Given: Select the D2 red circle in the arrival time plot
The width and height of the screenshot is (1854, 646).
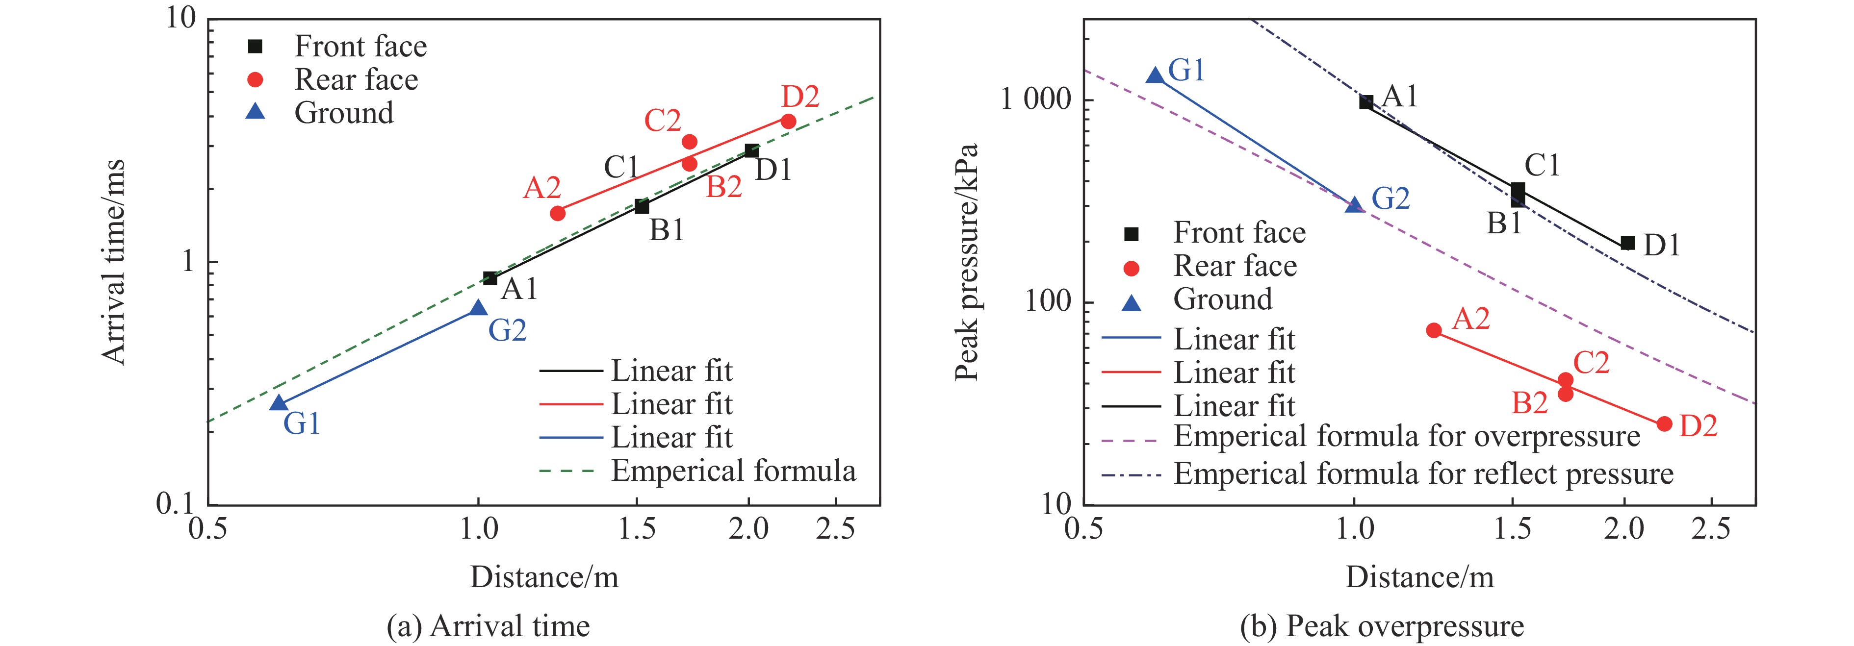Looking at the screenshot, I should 788,122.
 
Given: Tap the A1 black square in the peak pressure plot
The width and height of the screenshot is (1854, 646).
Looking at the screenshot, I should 1366,102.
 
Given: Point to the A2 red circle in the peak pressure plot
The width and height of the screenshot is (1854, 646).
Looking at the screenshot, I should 1434,330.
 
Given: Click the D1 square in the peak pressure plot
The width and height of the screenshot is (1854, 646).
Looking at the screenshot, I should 1627,243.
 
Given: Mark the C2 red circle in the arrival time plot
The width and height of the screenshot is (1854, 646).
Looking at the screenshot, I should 689,142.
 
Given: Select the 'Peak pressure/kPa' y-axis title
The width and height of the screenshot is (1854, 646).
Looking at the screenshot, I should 967,262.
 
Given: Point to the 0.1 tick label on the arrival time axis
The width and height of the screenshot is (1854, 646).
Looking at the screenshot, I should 176,503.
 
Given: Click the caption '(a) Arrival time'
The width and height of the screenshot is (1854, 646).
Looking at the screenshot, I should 488,626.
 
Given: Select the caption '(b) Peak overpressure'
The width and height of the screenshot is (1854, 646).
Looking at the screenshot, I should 1381,626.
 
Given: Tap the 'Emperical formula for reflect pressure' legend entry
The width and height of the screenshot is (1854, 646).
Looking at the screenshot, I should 1423,474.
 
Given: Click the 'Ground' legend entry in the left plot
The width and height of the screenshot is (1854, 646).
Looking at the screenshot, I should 344,113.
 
